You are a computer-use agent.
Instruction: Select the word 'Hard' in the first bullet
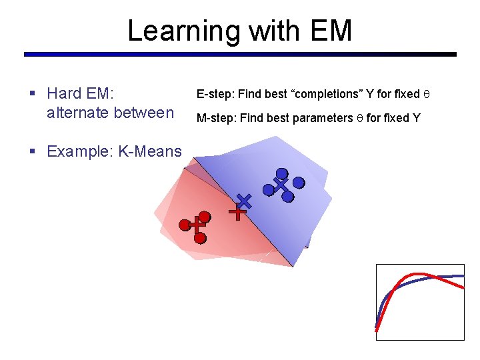coord(65,93)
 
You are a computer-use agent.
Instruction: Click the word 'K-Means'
coord(149,151)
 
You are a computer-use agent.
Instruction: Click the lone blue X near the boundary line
coord(245,200)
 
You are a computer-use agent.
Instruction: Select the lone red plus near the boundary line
coord(237,213)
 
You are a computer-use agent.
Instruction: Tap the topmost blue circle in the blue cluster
coord(282,173)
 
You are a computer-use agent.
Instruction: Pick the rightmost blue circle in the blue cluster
coord(299,182)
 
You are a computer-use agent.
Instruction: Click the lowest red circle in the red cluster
coord(200,237)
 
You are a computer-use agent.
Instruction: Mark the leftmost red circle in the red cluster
coord(185,225)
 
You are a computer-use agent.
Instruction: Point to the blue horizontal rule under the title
coord(240,54)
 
